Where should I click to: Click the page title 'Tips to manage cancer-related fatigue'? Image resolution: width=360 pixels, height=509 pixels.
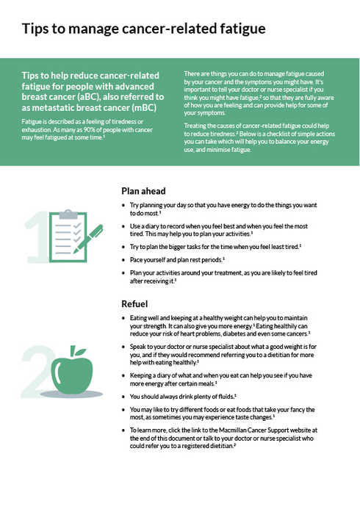[x=143, y=30]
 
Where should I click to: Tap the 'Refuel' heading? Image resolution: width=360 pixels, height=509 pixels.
[x=134, y=303]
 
